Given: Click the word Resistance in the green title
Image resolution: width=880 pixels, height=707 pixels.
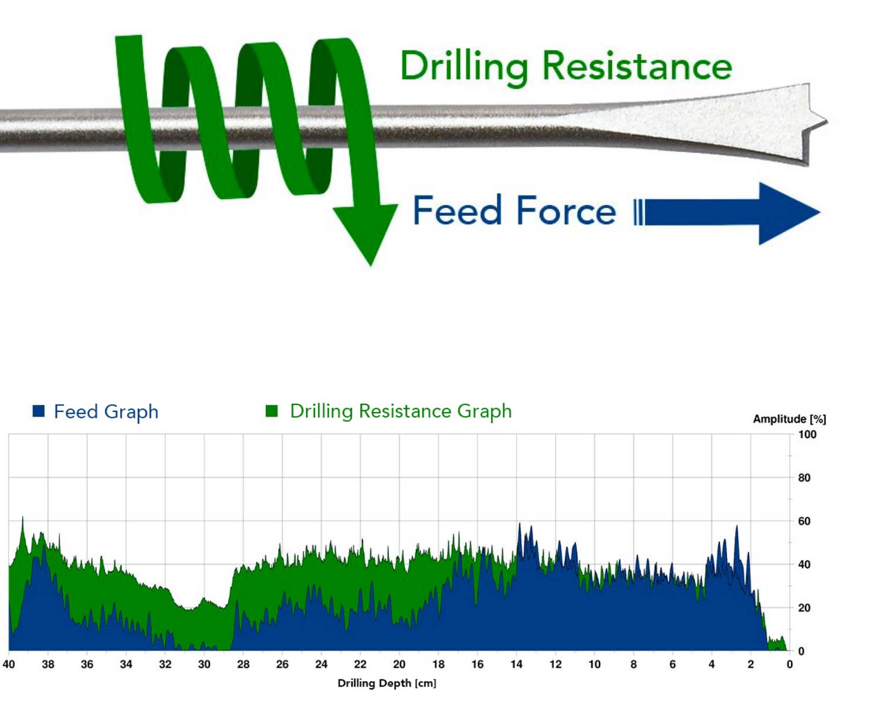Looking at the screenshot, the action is (x=637, y=66).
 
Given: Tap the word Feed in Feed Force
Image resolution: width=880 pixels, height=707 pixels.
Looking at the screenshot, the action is (x=458, y=210).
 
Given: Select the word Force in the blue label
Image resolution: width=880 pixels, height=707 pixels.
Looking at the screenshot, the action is (x=566, y=210).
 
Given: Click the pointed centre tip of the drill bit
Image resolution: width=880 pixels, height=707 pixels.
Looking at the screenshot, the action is (x=826, y=121).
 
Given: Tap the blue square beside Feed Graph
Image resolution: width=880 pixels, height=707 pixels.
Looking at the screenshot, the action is (x=39, y=411).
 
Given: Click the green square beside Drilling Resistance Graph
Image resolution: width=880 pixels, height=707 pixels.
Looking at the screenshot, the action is (x=272, y=411).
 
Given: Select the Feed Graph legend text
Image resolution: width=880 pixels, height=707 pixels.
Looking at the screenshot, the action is (x=106, y=411).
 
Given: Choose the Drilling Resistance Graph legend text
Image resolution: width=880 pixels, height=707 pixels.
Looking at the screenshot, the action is (x=401, y=411).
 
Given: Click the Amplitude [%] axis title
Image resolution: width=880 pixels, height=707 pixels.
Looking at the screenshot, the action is (x=790, y=419).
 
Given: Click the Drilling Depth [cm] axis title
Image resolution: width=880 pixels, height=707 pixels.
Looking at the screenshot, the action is (x=387, y=683).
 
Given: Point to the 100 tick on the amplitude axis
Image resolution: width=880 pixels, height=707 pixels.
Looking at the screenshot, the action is (x=807, y=434).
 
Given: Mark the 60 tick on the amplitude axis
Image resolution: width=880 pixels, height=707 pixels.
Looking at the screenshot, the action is (x=804, y=521).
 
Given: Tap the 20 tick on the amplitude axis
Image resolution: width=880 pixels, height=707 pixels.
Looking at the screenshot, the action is (x=804, y=608).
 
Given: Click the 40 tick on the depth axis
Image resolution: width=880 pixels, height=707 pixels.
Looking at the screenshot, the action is (x=9, y=664).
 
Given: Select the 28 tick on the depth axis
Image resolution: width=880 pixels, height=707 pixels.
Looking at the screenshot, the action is (x=243, y=664).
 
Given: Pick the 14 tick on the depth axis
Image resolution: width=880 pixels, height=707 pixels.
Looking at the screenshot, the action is (x=516, y=664).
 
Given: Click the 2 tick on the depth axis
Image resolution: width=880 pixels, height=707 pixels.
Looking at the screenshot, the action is (x=751, y=664).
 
